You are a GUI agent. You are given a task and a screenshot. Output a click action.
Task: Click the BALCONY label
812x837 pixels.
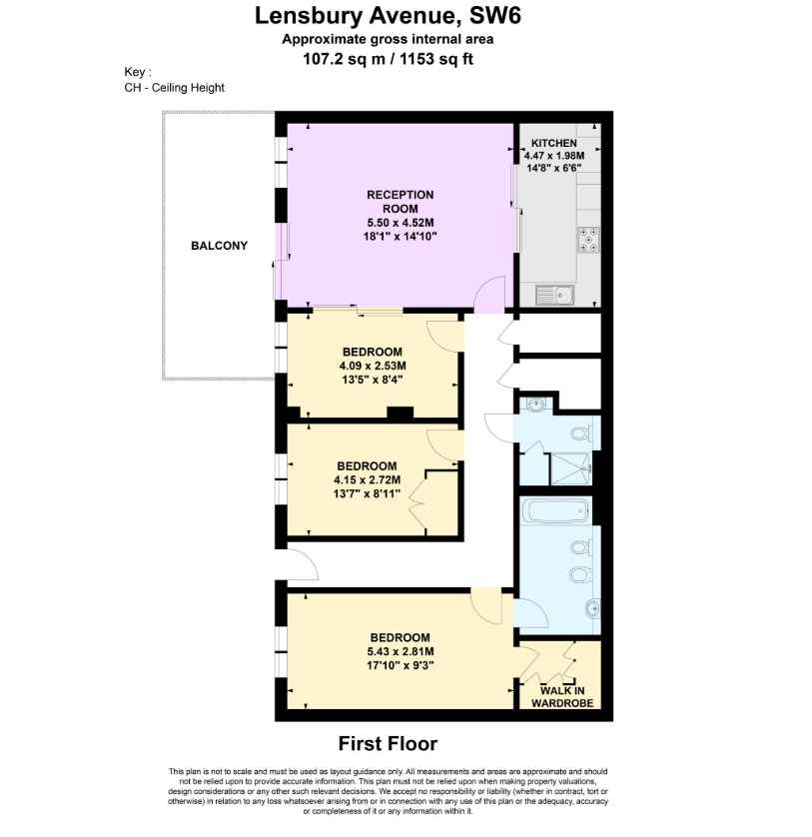(219, 246)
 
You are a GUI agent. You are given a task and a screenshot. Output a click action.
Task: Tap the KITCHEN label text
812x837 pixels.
(553, 143)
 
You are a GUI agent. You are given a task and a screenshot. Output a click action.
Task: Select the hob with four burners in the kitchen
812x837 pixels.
(588, 239)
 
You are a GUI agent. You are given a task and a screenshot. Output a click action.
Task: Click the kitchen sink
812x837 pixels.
(554, 296)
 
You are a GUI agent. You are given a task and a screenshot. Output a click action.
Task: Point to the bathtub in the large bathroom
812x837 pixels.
(555, 511)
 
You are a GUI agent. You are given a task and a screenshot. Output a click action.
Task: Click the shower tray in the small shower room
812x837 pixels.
(571, 468)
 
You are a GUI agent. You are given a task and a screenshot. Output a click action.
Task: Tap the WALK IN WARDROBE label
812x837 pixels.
(562, 696)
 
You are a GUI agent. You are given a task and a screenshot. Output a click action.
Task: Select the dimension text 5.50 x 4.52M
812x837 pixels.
(401, 223)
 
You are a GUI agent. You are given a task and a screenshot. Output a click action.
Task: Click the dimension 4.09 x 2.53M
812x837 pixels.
(373, 367)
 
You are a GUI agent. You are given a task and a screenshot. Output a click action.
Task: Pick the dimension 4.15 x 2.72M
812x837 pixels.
(368, 479)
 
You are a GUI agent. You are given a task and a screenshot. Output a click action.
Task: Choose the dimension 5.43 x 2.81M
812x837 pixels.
(401, 651)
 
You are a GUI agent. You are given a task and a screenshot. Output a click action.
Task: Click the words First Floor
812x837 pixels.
(389, 743)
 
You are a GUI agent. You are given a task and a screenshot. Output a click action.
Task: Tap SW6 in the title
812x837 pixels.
(494, 15)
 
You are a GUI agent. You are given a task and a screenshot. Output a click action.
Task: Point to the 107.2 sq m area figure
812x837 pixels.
(344, 59)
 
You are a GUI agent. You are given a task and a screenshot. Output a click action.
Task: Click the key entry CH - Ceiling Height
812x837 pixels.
(174, 88)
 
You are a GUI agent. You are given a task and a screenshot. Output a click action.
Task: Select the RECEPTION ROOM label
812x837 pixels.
(401, 202)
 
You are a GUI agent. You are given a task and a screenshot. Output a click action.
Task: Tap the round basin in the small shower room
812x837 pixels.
(536, 406)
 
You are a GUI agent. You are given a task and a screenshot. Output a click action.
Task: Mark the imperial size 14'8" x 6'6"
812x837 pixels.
(553, 168)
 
